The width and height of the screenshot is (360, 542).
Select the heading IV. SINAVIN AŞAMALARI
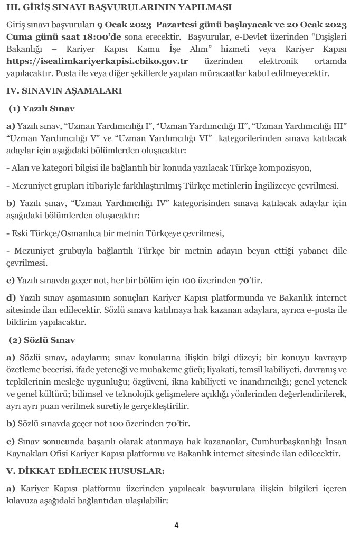tap(64, 91)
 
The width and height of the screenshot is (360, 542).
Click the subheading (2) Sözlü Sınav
tap(42, 340)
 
